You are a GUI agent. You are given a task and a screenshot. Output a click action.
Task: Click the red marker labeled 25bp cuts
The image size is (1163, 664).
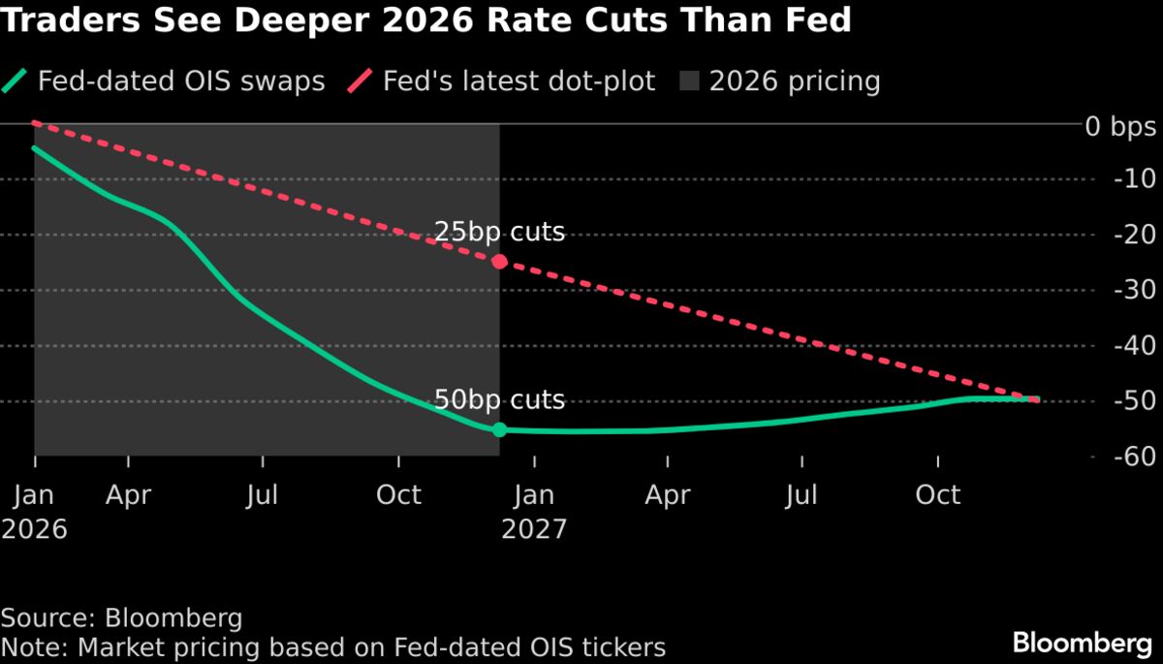[x=499, y=262]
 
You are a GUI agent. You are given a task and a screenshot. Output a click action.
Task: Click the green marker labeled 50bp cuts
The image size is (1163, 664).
[x=499, y=429]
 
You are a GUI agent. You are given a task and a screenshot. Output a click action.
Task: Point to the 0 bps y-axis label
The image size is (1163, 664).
[x=1120, y=125]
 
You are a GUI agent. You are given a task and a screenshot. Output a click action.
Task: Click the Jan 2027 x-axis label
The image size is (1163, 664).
[x=532, y=511]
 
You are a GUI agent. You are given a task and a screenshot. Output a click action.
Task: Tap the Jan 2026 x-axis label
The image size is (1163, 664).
[x=35, y=511]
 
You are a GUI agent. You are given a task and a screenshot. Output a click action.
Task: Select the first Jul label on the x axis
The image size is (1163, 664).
[x=262, y=495]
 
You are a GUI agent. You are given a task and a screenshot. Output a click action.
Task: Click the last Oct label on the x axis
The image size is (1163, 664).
[x=937, y=495]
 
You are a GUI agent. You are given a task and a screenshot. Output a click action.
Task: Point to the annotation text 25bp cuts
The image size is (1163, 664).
[x=498, y=233]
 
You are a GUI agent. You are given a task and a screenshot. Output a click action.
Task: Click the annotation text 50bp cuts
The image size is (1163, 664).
[x=498, y=400]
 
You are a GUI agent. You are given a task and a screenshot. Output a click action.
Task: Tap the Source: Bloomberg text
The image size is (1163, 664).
[x=121, y=618]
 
